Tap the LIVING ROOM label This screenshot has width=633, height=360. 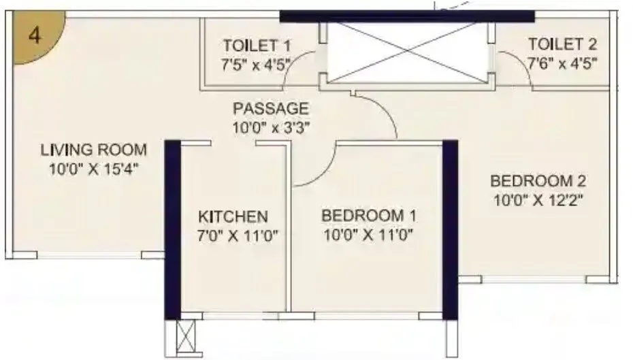point(93,150)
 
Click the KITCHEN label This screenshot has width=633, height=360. point(233,217)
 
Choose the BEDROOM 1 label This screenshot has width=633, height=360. point(369,216)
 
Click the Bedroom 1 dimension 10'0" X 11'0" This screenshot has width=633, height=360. point(369,235)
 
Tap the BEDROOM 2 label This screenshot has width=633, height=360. point(538,182)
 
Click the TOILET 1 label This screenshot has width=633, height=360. point(257,46)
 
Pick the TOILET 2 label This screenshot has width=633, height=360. point(563,46)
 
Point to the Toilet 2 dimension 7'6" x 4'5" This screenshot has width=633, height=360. point(563,65)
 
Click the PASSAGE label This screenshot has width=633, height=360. point(271,109)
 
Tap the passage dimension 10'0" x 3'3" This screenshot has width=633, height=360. point(271,127)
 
